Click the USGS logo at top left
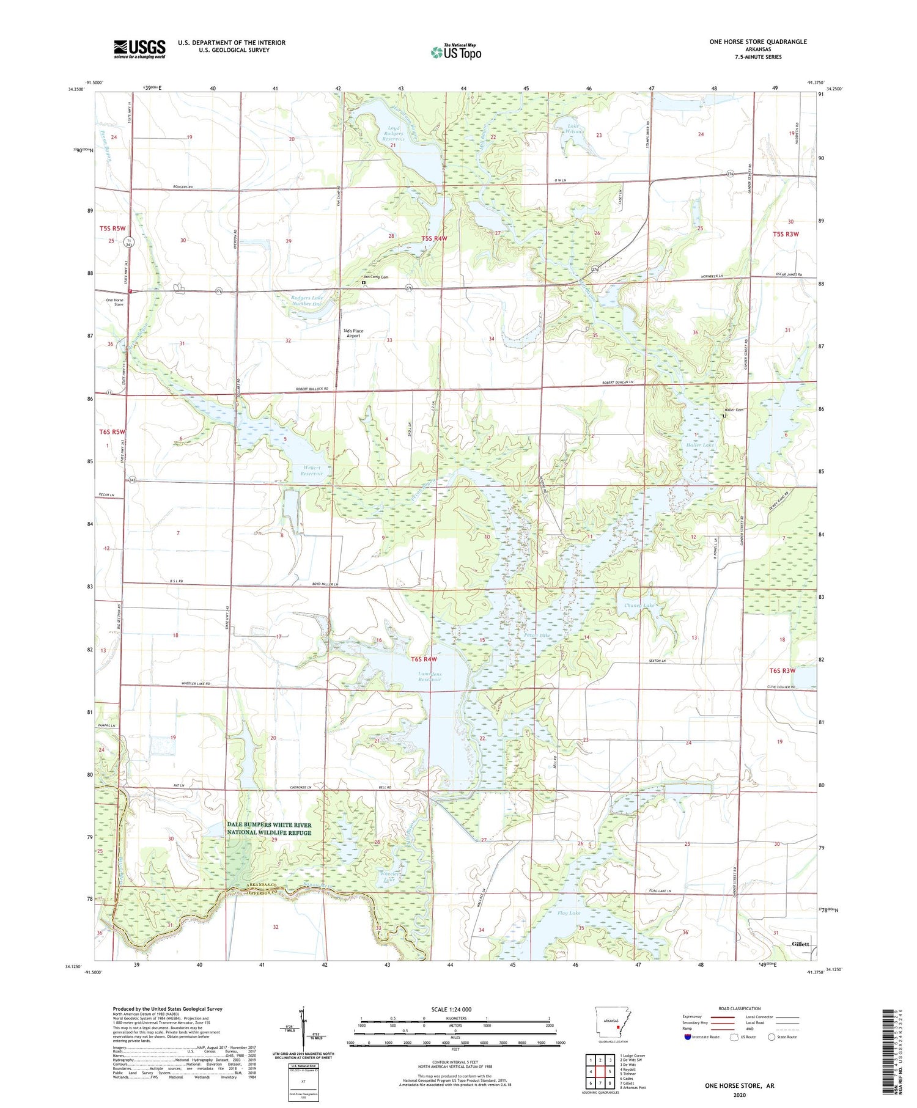click(139, 49)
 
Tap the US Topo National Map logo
click(455, 52)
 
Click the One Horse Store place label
click(115, 302)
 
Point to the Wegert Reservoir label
click(311, 471)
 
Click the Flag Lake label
click(569, 913)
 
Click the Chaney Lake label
click(639, 606)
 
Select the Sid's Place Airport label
click(355, 333)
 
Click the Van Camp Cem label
click(377, 277)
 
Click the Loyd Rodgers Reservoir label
click(394, 133)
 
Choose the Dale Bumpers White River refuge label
click(270, 829)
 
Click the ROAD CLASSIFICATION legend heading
click(740, 1008)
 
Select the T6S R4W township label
click(424, 659)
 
